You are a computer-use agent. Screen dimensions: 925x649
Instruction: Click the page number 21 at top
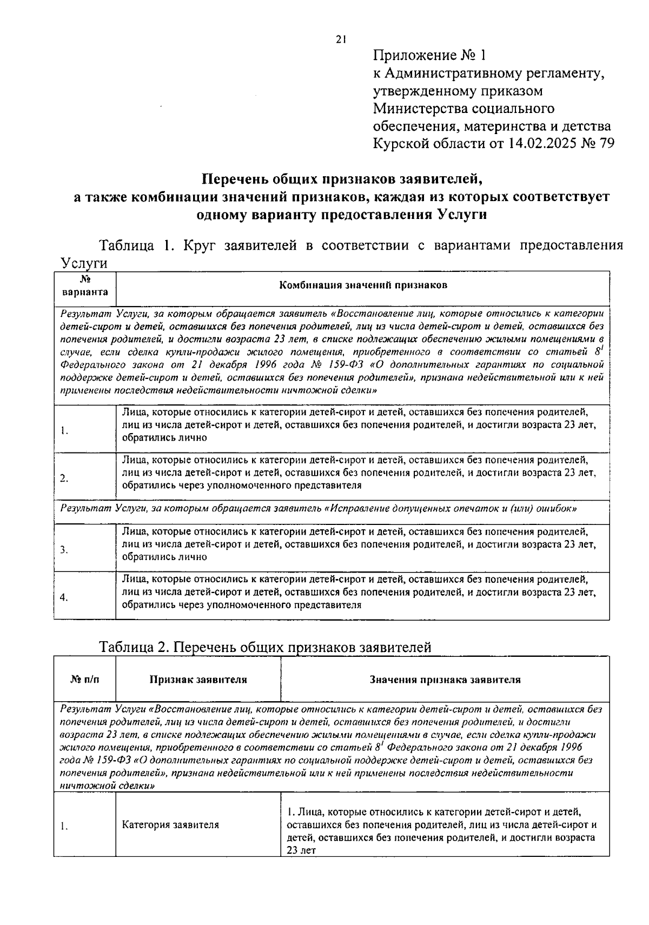[340, 39]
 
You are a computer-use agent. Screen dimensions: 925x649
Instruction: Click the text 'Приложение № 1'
[430, 56]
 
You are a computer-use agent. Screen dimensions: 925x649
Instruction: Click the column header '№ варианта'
[85, 287]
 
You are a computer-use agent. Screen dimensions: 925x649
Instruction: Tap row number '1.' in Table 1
[64, 431]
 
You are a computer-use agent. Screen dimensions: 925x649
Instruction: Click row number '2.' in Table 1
[64, 478]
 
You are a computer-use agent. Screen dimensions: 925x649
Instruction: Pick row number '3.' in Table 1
[64, 550]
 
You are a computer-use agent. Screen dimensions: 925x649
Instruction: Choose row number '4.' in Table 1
[64, 597]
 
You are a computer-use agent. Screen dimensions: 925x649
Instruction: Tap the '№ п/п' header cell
[85, 680]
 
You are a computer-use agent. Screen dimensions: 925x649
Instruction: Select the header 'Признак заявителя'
[198, 680]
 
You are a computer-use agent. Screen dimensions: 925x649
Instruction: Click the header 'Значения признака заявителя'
[445, 680]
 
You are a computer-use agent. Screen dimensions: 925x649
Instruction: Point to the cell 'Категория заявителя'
[170, 825]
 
